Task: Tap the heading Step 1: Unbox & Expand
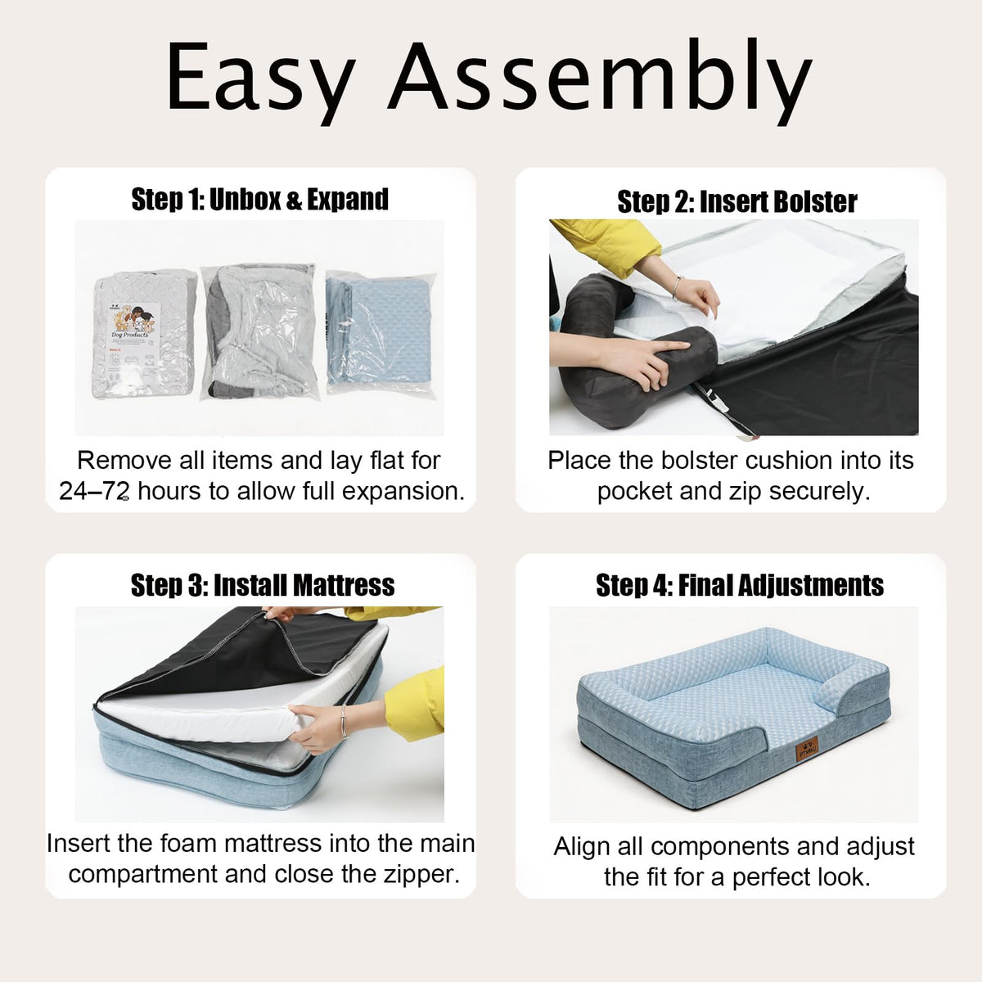click(260, 199)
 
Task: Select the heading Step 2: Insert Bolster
click(736, 201)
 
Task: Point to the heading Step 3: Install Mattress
click(263, 584)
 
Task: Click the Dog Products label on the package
click(130, 335)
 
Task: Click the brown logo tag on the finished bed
click(808, 748)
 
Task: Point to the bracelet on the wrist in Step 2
click(677, 288)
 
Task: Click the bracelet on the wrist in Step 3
click(344, 721)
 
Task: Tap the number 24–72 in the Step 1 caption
click(93, 491)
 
